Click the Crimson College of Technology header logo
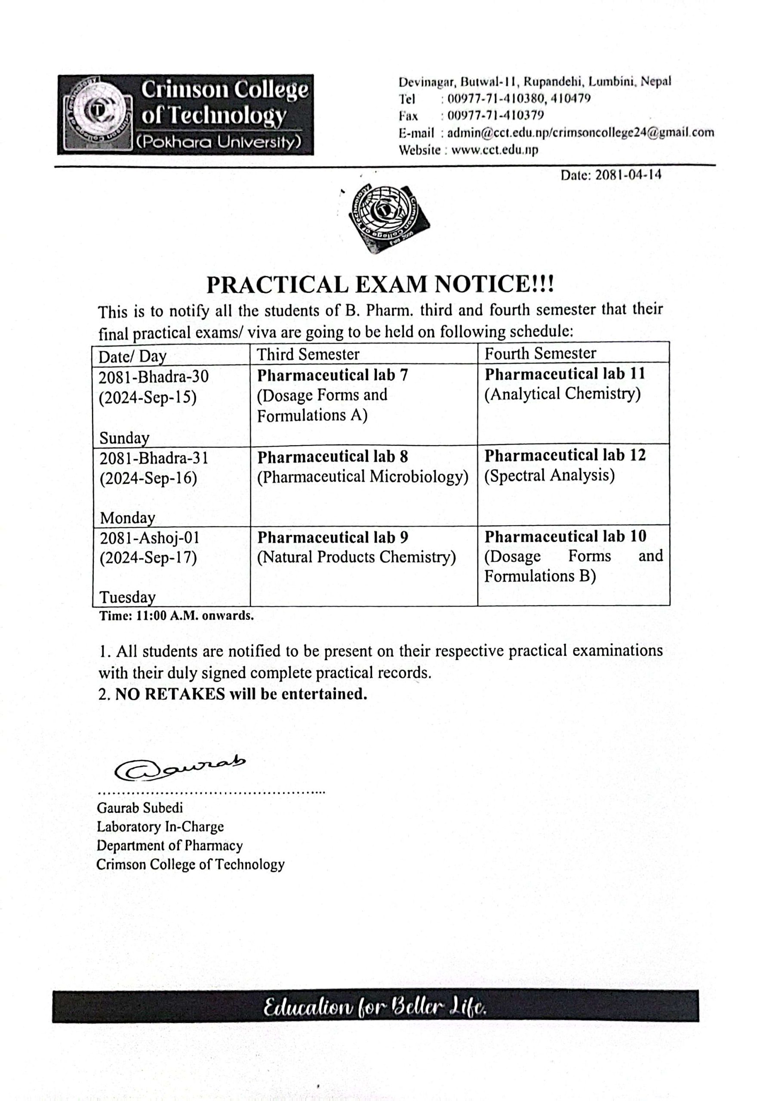(185, 114)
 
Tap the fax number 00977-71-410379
(495, 115)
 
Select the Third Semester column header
(308, 354)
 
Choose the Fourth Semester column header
(540, 353)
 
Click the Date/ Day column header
(132, 356)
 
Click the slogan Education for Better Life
(375, 1006)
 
